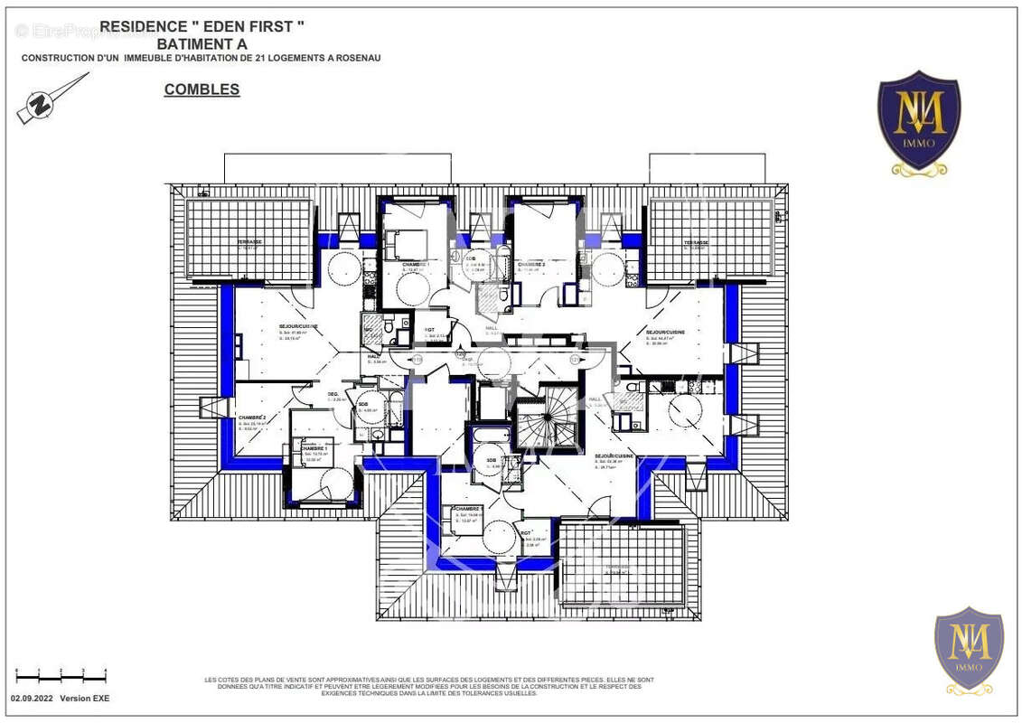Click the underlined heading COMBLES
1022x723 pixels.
202,89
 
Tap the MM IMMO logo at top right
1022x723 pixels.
919,123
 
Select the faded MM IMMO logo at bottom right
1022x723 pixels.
969,650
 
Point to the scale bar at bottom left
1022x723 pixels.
61,674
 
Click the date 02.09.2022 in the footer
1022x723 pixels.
33,699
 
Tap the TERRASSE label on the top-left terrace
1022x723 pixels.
249,242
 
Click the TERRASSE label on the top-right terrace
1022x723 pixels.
696,242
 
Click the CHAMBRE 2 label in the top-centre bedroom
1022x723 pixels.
530,264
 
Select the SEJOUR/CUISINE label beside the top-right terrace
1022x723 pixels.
665,332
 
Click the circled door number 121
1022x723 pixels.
574,360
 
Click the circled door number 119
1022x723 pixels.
417,360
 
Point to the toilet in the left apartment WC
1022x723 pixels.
387,329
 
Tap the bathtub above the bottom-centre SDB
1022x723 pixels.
491,437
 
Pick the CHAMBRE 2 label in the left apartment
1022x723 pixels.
252,417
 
